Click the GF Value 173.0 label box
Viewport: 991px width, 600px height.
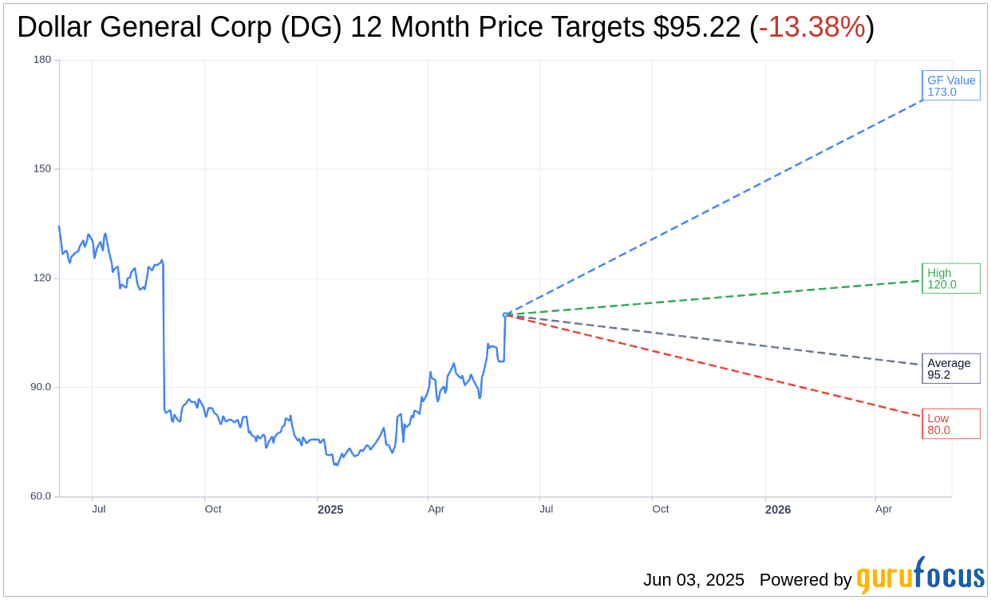coord(951,85)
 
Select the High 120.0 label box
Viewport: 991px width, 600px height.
coord(951,278)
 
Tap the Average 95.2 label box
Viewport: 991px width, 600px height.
coord(951,369)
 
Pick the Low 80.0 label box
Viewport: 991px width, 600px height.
coord(951,424)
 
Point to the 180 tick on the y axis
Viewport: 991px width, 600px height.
coord(42,60)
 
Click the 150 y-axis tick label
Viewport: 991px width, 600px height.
coord(42,169)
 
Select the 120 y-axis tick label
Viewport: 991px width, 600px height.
coord(42,278)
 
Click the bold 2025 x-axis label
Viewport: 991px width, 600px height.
coord(330,509)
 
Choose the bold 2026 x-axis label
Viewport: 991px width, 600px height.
coord(777,509)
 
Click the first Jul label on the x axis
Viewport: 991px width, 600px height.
coord(98,509)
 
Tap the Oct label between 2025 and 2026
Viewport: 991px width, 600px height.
coord(661,509)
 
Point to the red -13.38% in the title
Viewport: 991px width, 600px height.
coord(811,27)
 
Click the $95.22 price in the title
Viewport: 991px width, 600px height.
coord(697,27)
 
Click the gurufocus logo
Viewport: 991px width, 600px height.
coord(920,576)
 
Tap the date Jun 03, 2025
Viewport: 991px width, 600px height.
coord(693,580)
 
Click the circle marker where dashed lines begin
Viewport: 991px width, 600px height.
coord(505,315)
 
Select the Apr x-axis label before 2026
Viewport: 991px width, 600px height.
coord(436,509)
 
